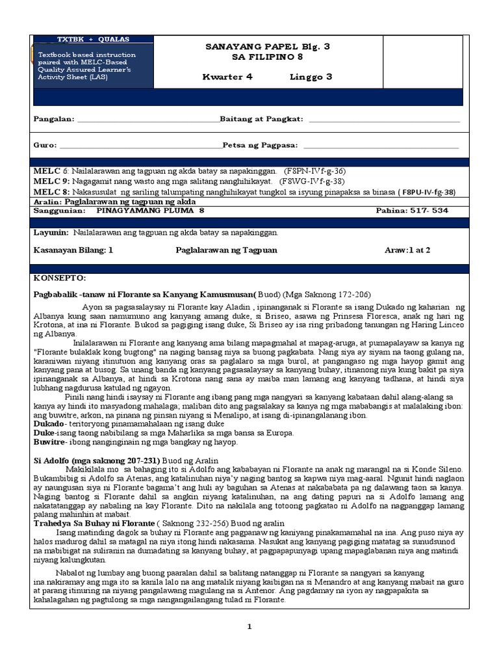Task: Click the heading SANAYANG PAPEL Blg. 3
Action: [x=268, y=46]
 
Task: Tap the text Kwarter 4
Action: [x=227, y=77]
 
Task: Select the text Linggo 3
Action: [x=311, y=77]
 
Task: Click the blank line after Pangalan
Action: [x=148, y=120]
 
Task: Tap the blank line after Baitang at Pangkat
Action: [x=384, y=120]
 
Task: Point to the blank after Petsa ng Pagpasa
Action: [x=380, y=146]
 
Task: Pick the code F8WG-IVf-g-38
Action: [x=312, y=181]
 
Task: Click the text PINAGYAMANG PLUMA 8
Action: [x=150, y=211]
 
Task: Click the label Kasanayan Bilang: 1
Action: [x=73, y=250]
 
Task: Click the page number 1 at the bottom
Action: [x=248, y=626]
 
